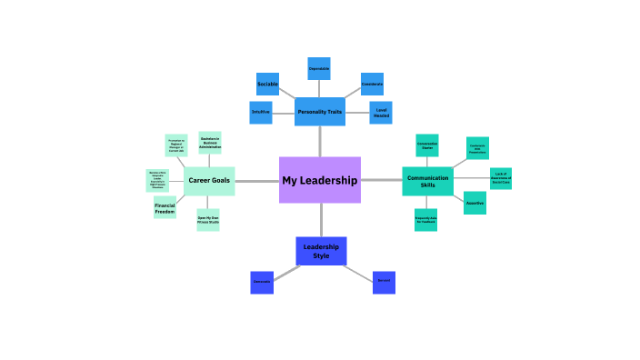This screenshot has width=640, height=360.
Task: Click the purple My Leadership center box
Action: click(x=319, y=180)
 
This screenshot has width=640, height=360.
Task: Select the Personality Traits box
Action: click(x=319, y=112)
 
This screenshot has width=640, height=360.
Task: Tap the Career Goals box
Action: click(x=209, y=181)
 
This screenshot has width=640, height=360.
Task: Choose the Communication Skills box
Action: click(x=427, y=181)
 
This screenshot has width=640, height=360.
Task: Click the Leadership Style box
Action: click(x=321, y=251)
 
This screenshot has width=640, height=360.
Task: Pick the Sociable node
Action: click(x=267, y=84)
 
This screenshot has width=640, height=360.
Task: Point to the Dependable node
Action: click(x=319, y=69)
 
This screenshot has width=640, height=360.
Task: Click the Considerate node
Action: click(x=372, y=84)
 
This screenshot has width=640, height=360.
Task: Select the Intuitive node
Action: click(x=261, y=112)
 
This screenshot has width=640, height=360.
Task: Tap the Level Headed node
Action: click(x=381, y=112)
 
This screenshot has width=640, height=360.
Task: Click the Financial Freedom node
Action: click(x=165, y=208)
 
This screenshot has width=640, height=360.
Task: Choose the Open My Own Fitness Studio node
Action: click(x=208, y=219)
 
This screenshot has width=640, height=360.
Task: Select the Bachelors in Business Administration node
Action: click(x=210, y=142)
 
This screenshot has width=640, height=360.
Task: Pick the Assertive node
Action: click(x=475, y=203)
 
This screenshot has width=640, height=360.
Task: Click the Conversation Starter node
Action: click(x=427, y=145)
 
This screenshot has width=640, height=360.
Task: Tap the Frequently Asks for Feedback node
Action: click(x=426, y=219)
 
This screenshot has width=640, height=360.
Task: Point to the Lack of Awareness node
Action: click(x=500, y=178)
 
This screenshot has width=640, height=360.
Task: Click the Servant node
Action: click(x=384, y=281)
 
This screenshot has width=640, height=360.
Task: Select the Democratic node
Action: click(x=262, y=282)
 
